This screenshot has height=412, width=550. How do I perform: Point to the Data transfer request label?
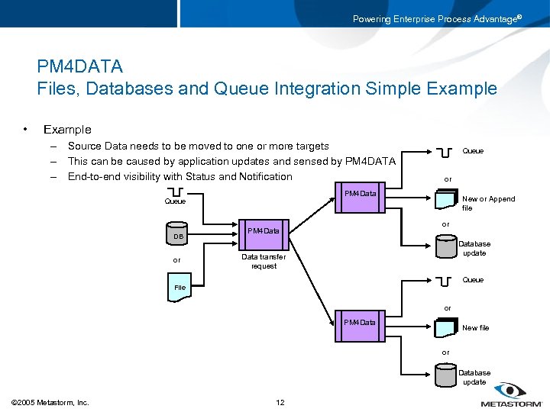[x=264, y=261]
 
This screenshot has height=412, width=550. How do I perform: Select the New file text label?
[x=475, y=328]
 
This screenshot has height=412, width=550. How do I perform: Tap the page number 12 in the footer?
[x=280, y=402]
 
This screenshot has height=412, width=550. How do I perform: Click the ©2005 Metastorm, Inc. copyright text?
[x=50, y=402]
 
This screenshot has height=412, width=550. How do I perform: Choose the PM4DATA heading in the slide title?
[x=79, y=67]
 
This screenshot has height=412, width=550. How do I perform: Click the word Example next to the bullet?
[x=67, y=130]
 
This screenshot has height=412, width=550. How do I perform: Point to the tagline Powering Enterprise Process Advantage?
[x=436, y=19]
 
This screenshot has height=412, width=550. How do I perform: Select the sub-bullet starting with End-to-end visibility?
[x=180, y=176]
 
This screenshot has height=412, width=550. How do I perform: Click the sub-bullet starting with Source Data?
[x=198, y=146]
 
